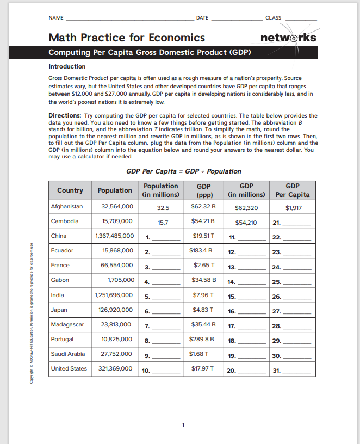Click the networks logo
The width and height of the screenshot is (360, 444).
click(288, 38)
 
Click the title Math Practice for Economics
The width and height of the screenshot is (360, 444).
click(127, 38)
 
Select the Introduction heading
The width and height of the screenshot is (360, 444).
click(67, 66)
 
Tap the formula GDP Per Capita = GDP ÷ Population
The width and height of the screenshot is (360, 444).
click(184, 171)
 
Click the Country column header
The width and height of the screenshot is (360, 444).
click(70, 190)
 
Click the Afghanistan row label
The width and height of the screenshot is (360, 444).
click(67, 207)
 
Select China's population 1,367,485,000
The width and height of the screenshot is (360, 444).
click(114, 236)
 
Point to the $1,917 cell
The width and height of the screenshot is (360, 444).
click(293, 207)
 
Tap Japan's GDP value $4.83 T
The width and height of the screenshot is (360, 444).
click(204, 310)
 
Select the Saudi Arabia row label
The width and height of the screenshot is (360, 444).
click(68, 354)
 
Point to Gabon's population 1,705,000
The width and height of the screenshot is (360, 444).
click(118, 280)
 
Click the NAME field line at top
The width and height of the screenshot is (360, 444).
click(128, 18)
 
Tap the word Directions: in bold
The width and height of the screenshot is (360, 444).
click(65, 115)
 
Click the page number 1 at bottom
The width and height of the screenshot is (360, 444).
click(184, 424)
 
